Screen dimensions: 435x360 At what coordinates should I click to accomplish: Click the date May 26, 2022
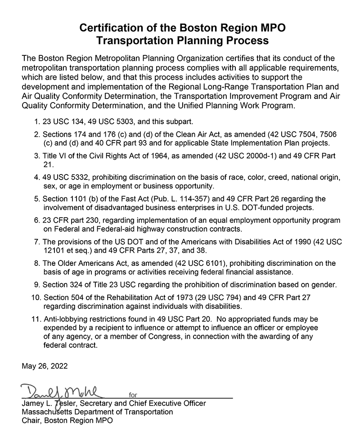click(45, 366)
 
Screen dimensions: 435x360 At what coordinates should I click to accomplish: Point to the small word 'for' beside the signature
click(133, 395)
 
